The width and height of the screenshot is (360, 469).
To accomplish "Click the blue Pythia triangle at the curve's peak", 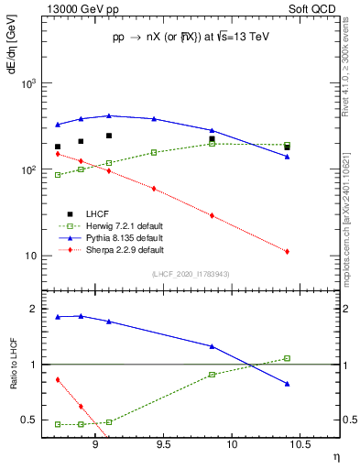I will (109, 115).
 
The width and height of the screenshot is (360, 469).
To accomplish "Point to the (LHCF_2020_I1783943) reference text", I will (191, 275).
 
